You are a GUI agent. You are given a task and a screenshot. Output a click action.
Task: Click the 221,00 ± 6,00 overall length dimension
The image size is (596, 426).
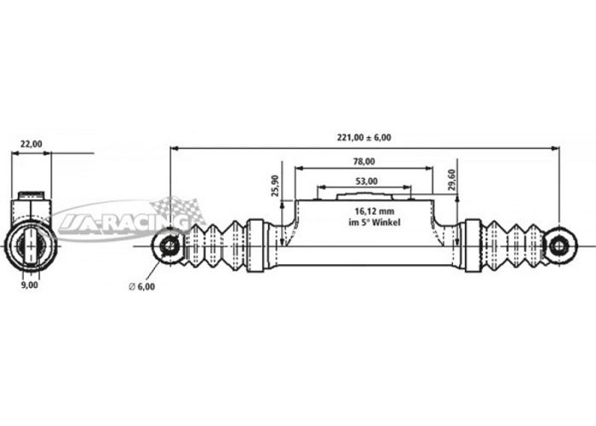(x=364, y=137)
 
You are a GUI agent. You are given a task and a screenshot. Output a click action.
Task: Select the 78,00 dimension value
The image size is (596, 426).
(x=364, y=162)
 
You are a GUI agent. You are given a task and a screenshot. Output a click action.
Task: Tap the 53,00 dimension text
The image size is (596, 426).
(x=366, y=181)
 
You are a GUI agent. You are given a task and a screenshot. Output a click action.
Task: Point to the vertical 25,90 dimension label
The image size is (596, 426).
(x=275, y=186)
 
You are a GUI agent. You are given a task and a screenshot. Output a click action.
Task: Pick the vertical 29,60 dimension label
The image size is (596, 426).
(x=451, y=180)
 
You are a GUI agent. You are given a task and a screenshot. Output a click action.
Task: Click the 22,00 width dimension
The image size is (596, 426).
(x=32, y=144)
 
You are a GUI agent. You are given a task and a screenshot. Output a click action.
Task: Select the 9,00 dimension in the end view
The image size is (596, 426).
(x=30, y=285)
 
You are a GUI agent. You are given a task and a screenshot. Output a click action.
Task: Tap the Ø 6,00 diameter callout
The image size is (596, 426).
(x=142, y=287)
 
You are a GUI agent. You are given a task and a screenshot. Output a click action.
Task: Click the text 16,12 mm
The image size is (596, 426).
(x=375, y=211)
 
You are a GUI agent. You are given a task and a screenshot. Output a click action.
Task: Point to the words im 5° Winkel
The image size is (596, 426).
(x=375, y=222)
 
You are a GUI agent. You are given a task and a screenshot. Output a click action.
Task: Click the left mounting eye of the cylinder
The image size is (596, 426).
(x=169, y=246)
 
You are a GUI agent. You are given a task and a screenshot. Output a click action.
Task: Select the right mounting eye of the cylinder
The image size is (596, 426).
(x=559, y=246)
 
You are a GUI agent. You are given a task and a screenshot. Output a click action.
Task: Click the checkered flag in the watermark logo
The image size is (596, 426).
(x=178, y=210)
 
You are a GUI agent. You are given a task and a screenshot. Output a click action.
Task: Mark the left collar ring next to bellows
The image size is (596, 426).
(x=255, y=245)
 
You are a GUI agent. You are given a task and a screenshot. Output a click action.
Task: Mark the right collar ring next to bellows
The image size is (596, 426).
(x=473, y=245)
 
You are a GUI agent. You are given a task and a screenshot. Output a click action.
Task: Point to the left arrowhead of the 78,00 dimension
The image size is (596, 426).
(x=299, y=168)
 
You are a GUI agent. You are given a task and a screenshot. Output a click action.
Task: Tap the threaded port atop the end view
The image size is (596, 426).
(x=32, y=195)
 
